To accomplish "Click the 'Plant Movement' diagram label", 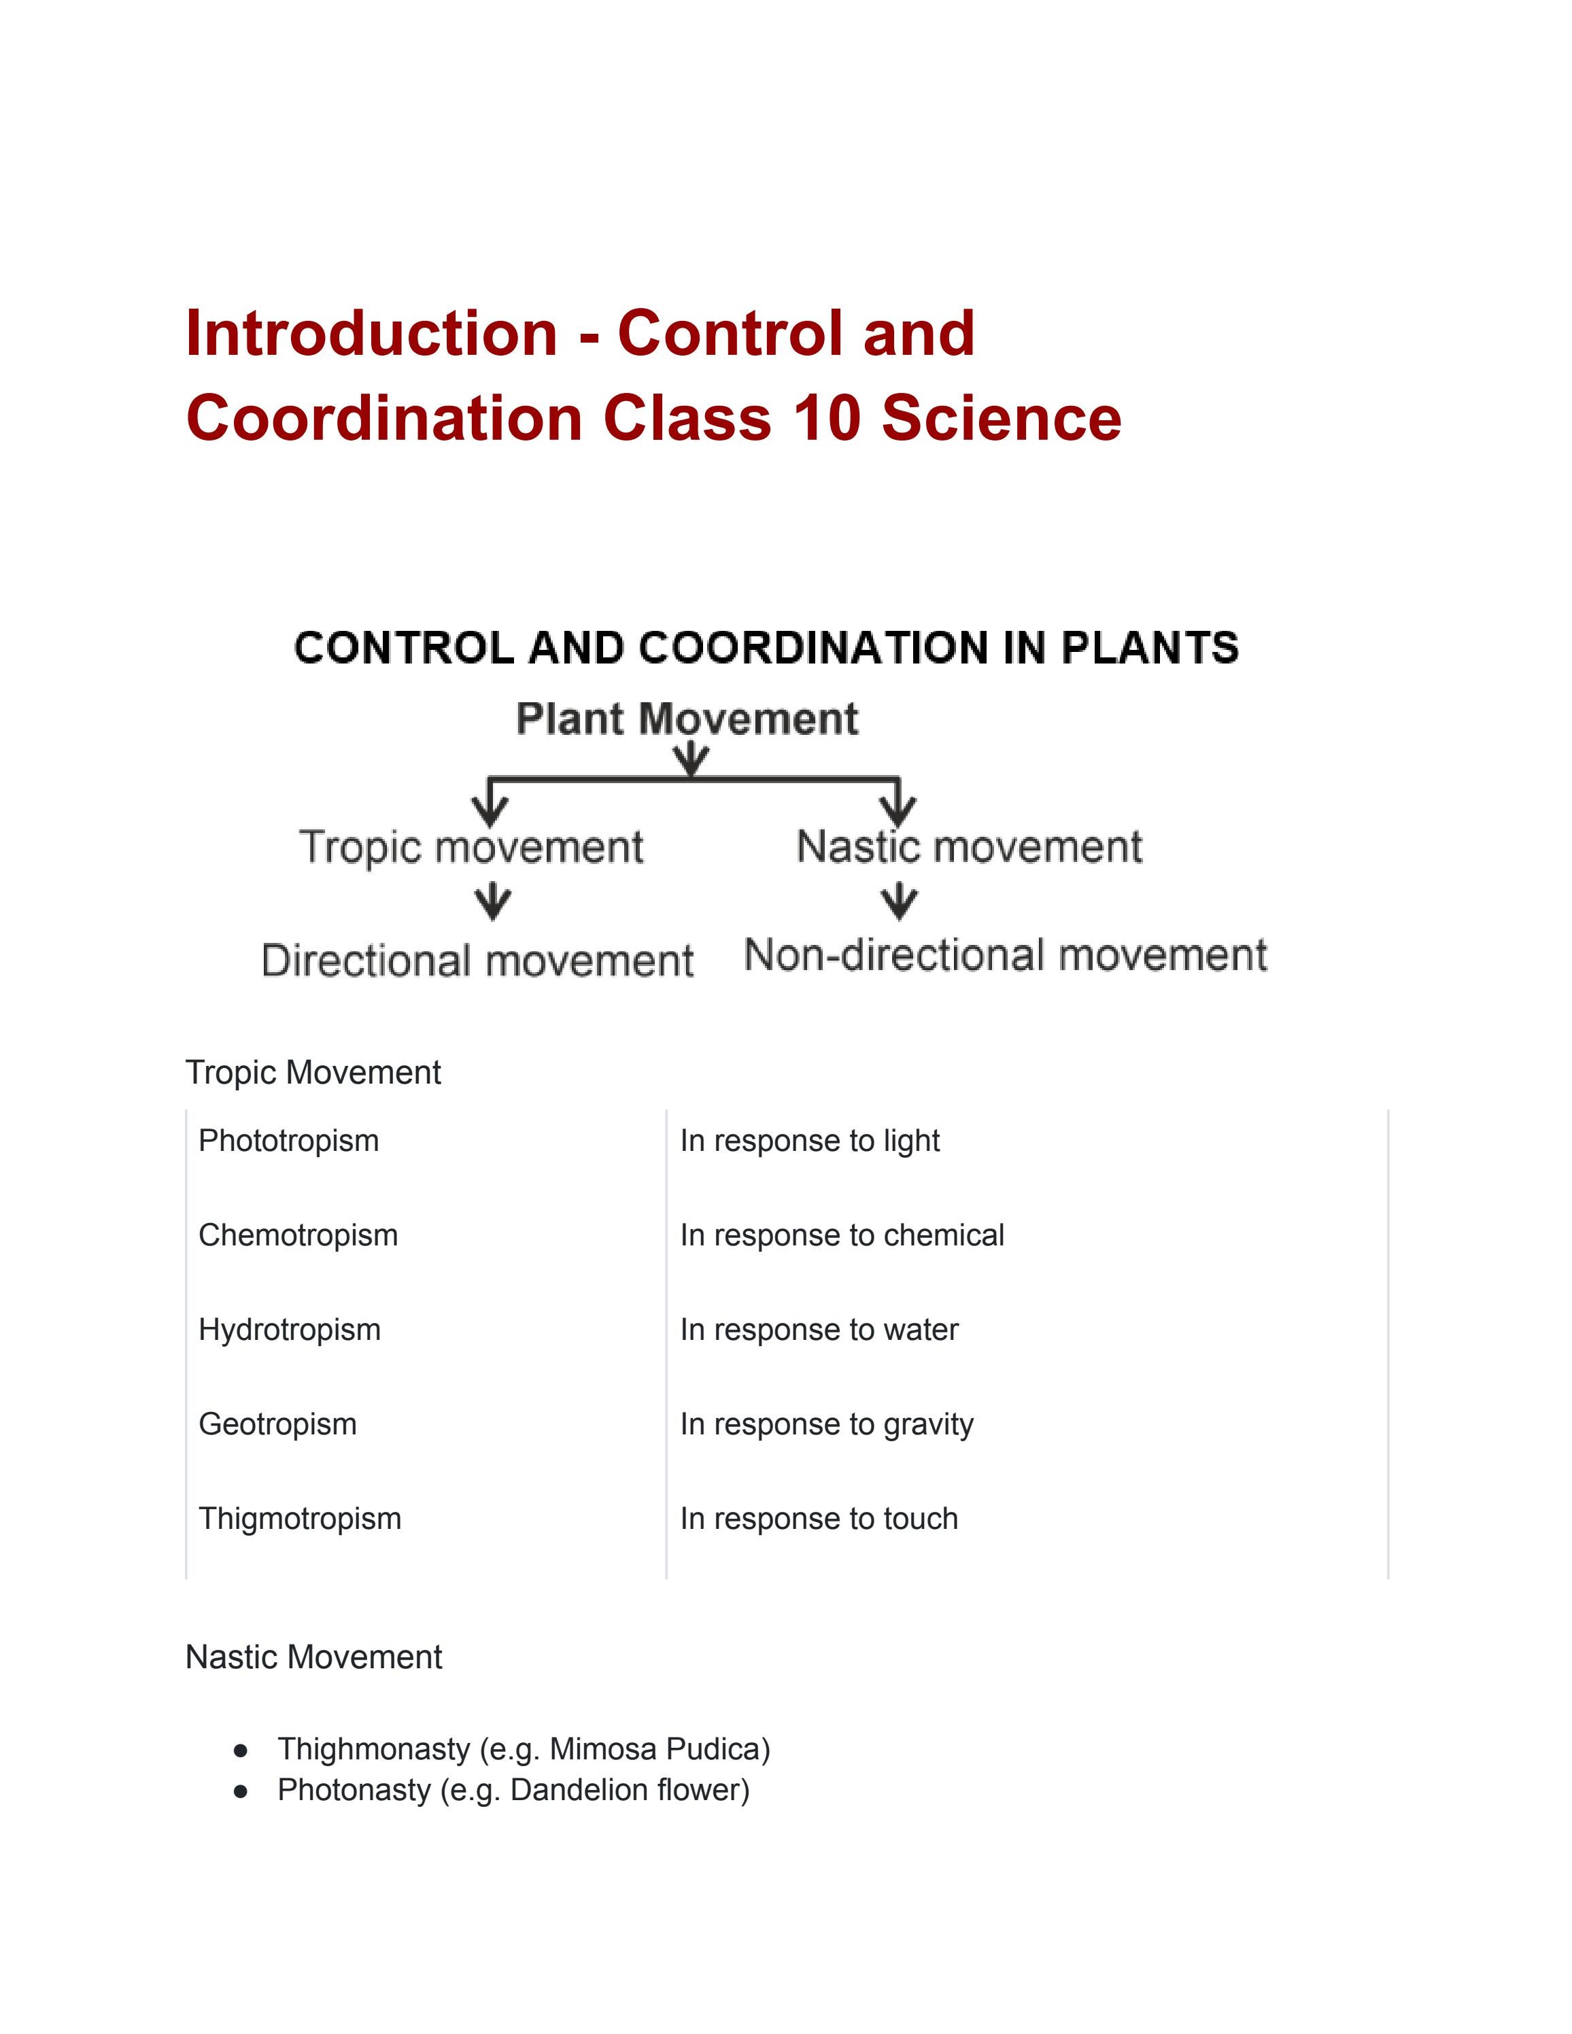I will click(x=687, y=719).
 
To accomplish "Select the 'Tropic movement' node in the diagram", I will click(x=471, y=848).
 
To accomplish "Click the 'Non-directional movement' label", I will click(x=1006, y=956).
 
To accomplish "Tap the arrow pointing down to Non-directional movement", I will click(x=899, y=901).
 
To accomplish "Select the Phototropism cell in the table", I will click(x=289, y=1141).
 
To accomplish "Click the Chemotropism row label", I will click(x=298, y=1235).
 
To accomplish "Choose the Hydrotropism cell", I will click(x=290, y=1330).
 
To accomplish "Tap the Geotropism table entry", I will click(x=277, y=1424).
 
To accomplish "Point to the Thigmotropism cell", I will click(x=300, y=1519).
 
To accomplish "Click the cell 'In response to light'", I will click(x=809, y=1141).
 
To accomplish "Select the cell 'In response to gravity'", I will click(x=826, y=1424).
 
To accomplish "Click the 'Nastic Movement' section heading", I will click(x=314, y=1657).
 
